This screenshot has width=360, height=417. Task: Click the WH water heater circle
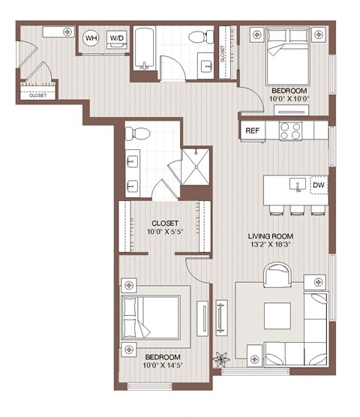tap(91, 37)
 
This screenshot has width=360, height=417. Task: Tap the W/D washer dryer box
tap(117, 37)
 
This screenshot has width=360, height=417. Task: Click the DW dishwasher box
tap(318, 184)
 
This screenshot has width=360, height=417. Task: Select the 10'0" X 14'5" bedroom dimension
tap(161, 365)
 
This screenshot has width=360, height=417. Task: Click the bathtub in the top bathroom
tap(144, 50)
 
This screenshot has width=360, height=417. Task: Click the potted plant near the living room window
tap(220, 359)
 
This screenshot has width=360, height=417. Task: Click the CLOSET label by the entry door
tap(37, 96)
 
